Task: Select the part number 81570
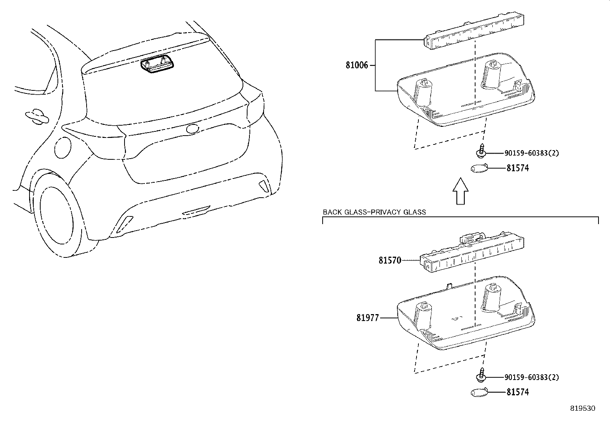tap(390, 260)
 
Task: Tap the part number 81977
tap(367, 318)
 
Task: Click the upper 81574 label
tap(517, 168)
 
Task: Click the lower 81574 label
tap(517, 392)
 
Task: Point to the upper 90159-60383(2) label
tap(531, 153)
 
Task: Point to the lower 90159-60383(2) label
tap(531, 377)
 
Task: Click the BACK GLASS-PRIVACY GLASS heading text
tap(374, 212)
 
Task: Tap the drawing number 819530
tap(583, 408)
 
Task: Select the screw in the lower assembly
tap(480, 376)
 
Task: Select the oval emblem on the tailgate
tap(192, 129)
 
